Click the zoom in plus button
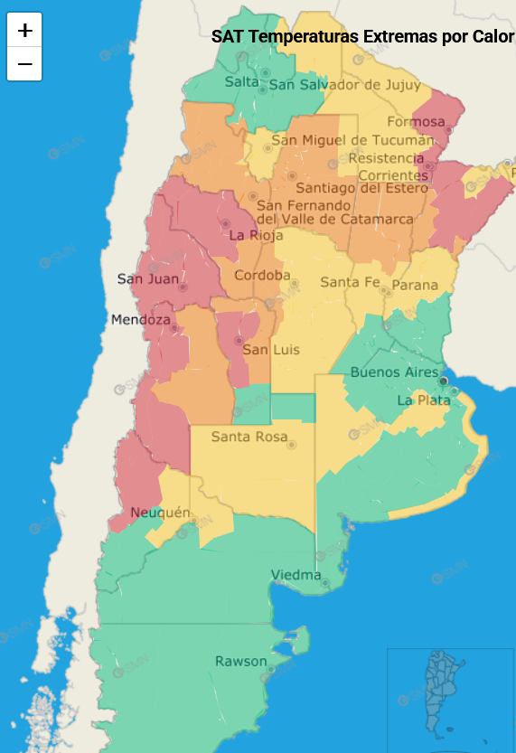tap(24, 30)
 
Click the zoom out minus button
tap(24, 64)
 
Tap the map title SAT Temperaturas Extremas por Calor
tap(362, 37)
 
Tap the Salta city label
tap(241, 81)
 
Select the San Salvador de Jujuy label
tap(344, 85)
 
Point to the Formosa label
tap(416, 122)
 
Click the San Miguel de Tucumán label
tap(352, 140)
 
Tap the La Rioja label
tap(249, 235)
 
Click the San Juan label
tap(148, 278)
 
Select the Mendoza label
tap(140, 320)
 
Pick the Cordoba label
tap(262, 275)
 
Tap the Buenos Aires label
tap(394, 372)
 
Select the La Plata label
tap(423, 400)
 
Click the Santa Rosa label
tap(249, 437)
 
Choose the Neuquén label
tap(160, 513)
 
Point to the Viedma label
tap(296, 575)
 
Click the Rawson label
tap(240, 662)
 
